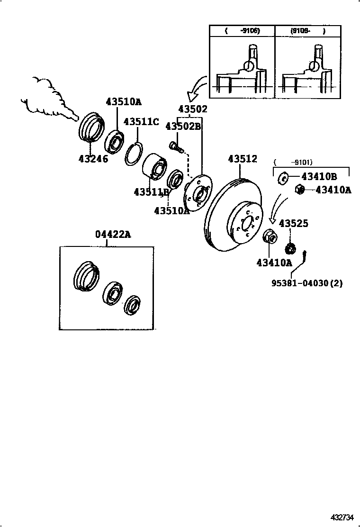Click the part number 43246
click(x=93, y=159)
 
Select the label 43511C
click(x=141, y=122)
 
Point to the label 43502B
click(x=183, y=127)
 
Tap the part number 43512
click(x=243, y=159)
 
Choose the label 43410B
click(x=319, y=177)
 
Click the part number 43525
click(x=294, y=223)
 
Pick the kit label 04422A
click(x=112, y=234)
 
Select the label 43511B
click(x=151, y=192)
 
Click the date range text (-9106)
click(x=243, y=31)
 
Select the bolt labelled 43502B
click(x=176, y=146)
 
